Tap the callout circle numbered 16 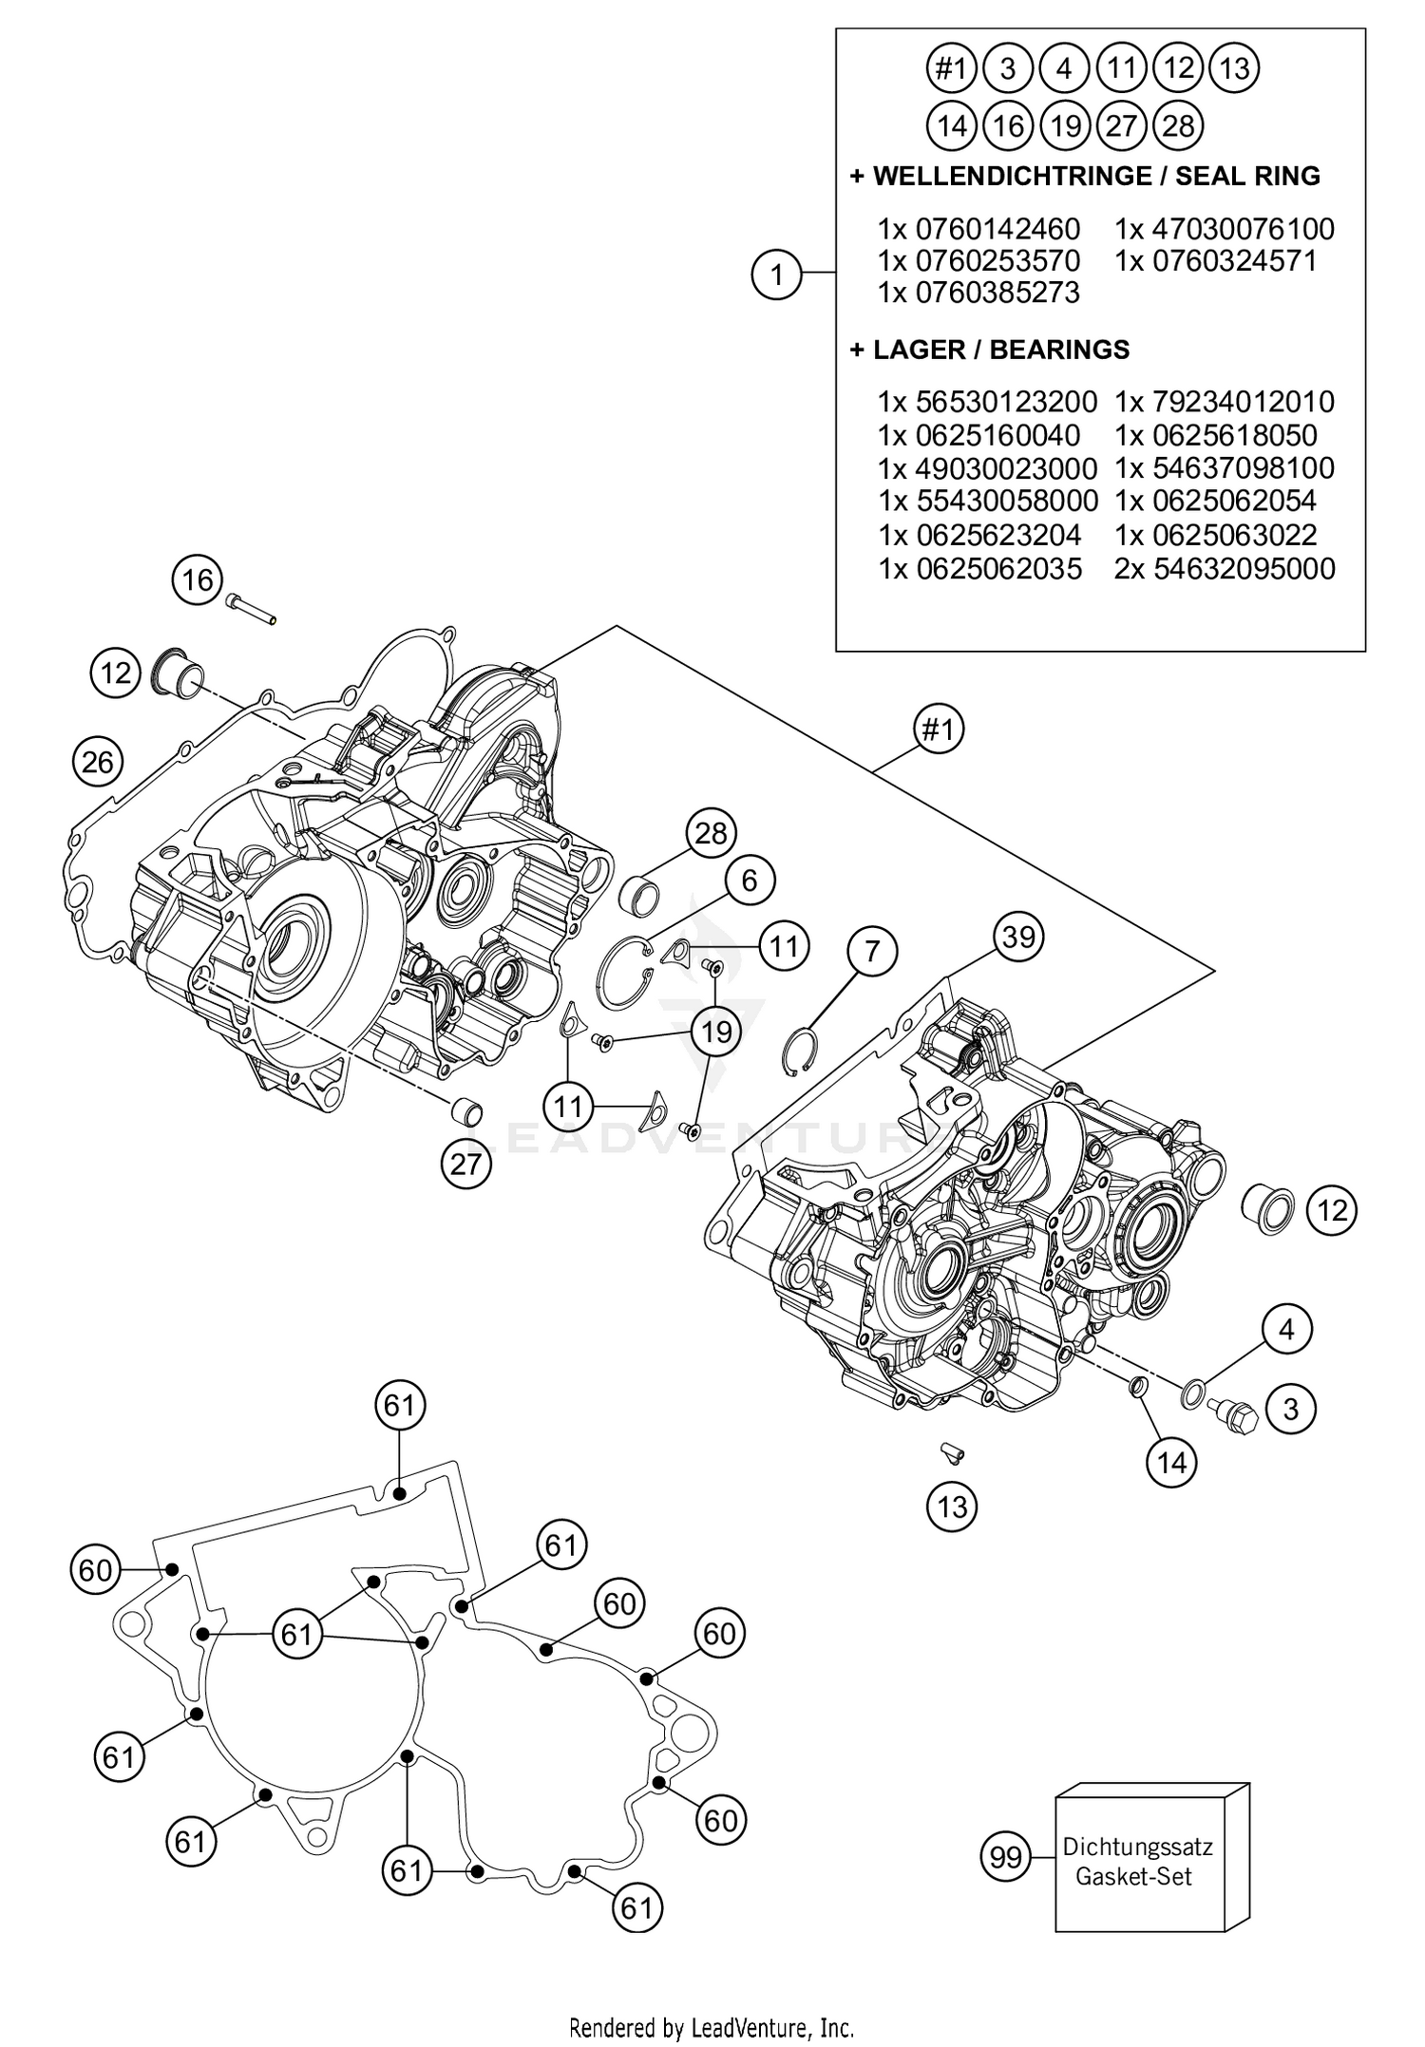click(198, 579)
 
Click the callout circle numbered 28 click(711, 833)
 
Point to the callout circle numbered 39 click(1018, 938)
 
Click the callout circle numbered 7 click(873, 950)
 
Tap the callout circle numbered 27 click(466, 1163)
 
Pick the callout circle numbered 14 click(1171, 1462)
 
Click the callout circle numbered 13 click(952, 1506)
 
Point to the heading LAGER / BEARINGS click(990, 350)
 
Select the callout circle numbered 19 click(715, 1031)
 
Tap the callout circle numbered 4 click(1286, 1329)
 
